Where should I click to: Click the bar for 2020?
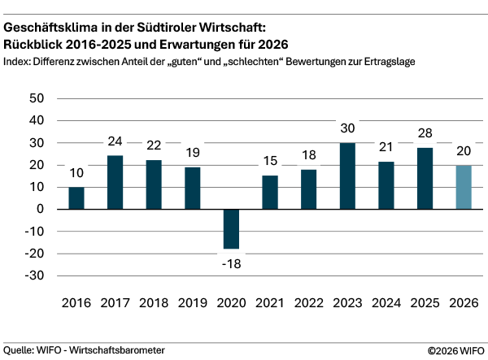231,229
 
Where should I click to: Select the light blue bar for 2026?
464,187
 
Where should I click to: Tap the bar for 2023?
347,176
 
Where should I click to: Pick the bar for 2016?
76,198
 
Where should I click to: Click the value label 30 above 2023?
347,128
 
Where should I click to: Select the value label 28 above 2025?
425,133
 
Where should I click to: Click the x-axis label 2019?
193,303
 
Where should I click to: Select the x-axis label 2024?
386,303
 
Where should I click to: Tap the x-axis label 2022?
308,303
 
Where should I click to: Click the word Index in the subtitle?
18,61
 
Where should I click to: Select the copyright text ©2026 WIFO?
455,350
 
